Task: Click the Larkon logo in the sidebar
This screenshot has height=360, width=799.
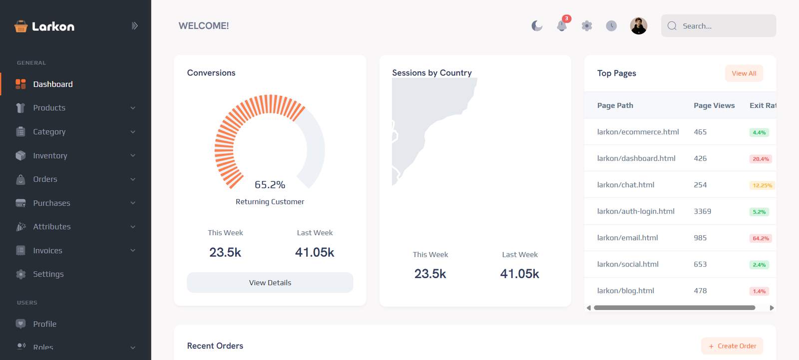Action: (44, 26)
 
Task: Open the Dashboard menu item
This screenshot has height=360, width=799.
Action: (52, 84)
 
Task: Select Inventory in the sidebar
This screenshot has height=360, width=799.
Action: (50, 156)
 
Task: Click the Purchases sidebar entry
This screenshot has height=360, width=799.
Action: (51, 203)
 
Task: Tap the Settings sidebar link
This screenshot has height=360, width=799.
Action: (48, 274)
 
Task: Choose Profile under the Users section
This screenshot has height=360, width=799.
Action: (44, 324)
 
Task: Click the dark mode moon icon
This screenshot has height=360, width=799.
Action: (537, 26)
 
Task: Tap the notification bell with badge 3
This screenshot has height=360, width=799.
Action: (562, 26)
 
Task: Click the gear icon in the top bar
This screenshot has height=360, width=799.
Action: (587, 26)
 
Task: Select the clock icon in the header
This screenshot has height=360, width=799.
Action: (611, 26)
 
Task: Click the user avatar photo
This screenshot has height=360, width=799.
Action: (638, 26)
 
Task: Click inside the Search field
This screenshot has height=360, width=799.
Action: (724, 26)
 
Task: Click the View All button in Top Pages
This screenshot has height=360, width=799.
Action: (744, 73)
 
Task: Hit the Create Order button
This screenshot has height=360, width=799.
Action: (732, 346)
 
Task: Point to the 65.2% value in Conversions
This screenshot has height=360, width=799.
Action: (270, 185)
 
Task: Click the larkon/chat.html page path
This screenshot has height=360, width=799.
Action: (626, 185)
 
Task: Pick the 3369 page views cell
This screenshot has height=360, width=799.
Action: (702, 211)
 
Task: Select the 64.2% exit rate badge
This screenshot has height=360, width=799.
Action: (761, 239)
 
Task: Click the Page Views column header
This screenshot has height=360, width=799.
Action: (714, 105)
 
